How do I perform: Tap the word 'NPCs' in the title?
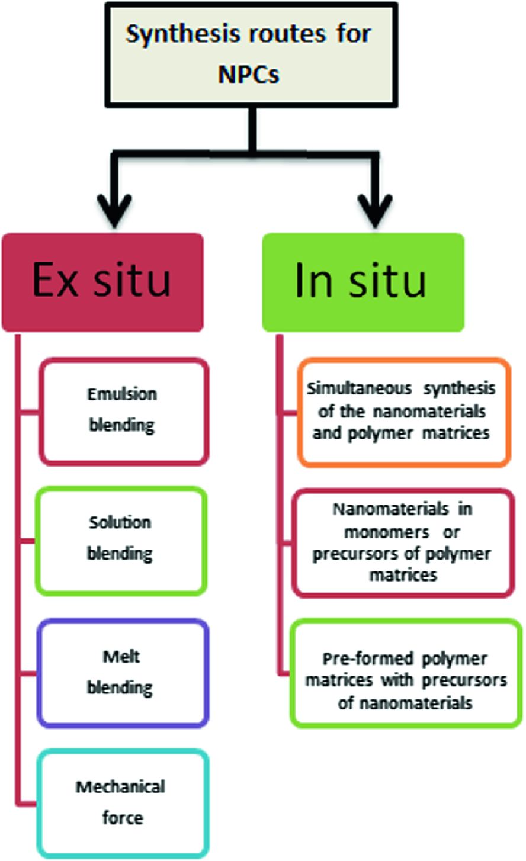248,75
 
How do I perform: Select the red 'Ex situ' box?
102,282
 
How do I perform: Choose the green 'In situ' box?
363,282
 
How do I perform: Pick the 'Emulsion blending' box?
124,411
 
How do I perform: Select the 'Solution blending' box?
121,540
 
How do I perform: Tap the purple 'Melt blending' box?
123,673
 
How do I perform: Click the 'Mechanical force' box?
123,803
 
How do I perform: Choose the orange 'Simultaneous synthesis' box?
403,412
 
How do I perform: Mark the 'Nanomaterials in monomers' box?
403,542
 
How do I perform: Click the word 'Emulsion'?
122,394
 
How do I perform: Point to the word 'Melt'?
121,657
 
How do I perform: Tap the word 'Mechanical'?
120,787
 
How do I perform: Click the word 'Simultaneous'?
358,389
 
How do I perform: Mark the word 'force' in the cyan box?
123,818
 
